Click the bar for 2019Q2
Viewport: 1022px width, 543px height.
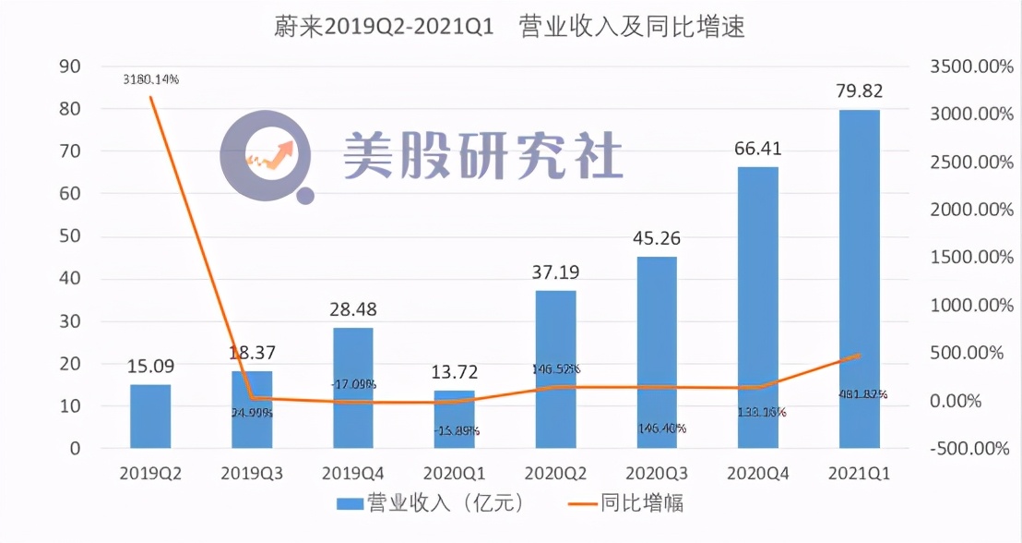point(150,416)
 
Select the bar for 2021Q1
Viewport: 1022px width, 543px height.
point(859,279)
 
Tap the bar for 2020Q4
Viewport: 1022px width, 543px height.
point(757,308)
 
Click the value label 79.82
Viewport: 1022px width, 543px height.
point(859,91)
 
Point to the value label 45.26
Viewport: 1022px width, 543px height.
point(656,238)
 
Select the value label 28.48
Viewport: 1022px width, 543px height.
point(352,309)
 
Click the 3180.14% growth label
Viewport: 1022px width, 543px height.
point(150,79)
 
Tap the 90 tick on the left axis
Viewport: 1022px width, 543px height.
point(69,66)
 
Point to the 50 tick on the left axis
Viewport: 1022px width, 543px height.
point(69,236)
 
